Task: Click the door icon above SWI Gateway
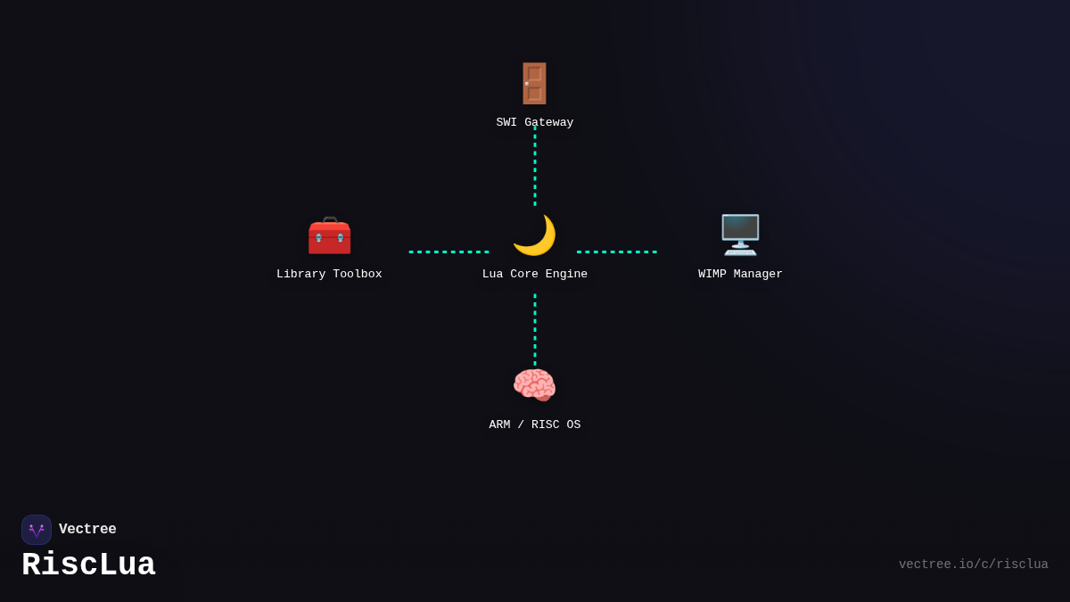534,84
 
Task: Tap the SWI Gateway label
534,122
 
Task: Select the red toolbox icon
329,235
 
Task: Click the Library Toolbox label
329,274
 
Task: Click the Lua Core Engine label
534,274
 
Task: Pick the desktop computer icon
740,235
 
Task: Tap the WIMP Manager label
740,274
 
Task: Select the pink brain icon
534,385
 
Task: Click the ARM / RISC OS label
534,425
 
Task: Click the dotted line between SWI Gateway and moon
534,166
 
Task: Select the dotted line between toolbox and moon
449,252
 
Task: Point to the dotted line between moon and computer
617,252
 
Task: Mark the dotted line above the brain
534,330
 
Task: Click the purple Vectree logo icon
37,530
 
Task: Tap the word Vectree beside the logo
87,529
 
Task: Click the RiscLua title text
88,565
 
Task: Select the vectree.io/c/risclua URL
974,565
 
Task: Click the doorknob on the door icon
527,84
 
